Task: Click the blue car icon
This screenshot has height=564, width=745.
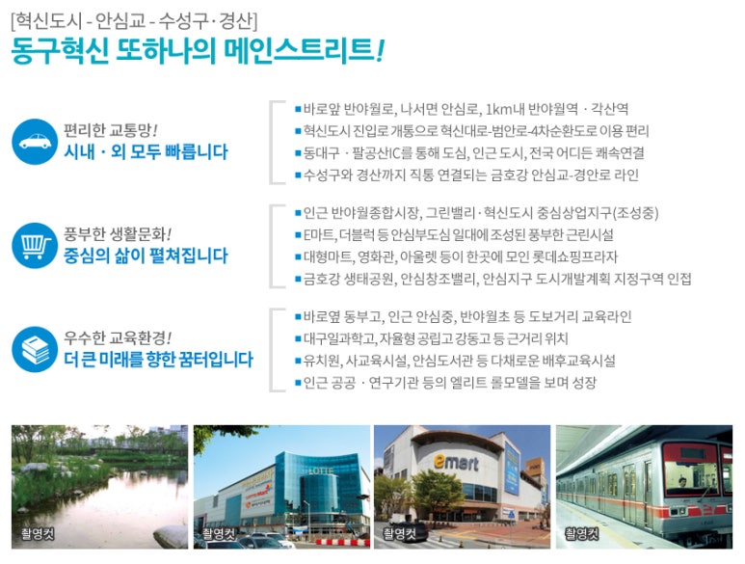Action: pyautogui.click(x=35, y=142)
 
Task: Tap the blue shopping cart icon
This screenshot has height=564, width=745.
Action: pyautogui.click(x=35, y=245)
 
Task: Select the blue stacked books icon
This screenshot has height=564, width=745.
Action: pyautogui.click(x=35, y=348)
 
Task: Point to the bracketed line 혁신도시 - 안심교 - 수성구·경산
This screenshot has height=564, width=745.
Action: pyautogui.click(x=134, y=20)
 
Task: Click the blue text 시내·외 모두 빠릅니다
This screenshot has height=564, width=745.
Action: pyautogui.click(x=146, y=152)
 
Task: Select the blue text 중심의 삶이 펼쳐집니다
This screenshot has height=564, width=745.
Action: pyautogui.click(x=146, y=255)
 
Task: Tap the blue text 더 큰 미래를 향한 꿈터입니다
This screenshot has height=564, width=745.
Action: pyautogui.click(x=158, y=360)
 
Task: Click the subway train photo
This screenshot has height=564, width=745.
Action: pyautogui.click(x=644, y=487)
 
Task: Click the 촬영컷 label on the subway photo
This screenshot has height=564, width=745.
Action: pyautogui.click(x=582, y=532)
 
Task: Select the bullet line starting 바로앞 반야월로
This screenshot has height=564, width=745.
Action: pyautogui.click(x=466, y=108)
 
